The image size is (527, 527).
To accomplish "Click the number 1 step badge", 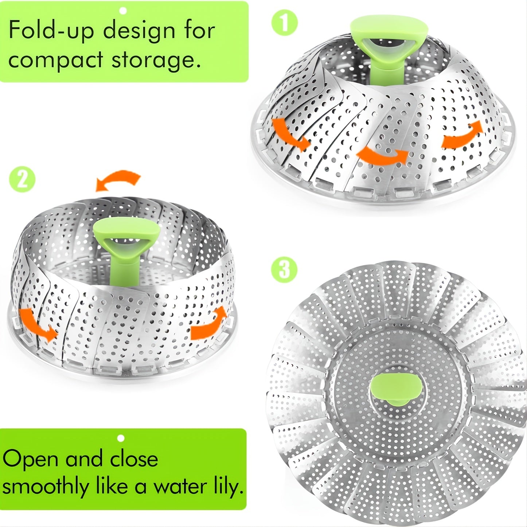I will [284, 23].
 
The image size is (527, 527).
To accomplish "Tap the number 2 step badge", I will [23, 180].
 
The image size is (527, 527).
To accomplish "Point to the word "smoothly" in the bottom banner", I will [45, 487].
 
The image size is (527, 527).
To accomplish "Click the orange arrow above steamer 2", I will [118, 180].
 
